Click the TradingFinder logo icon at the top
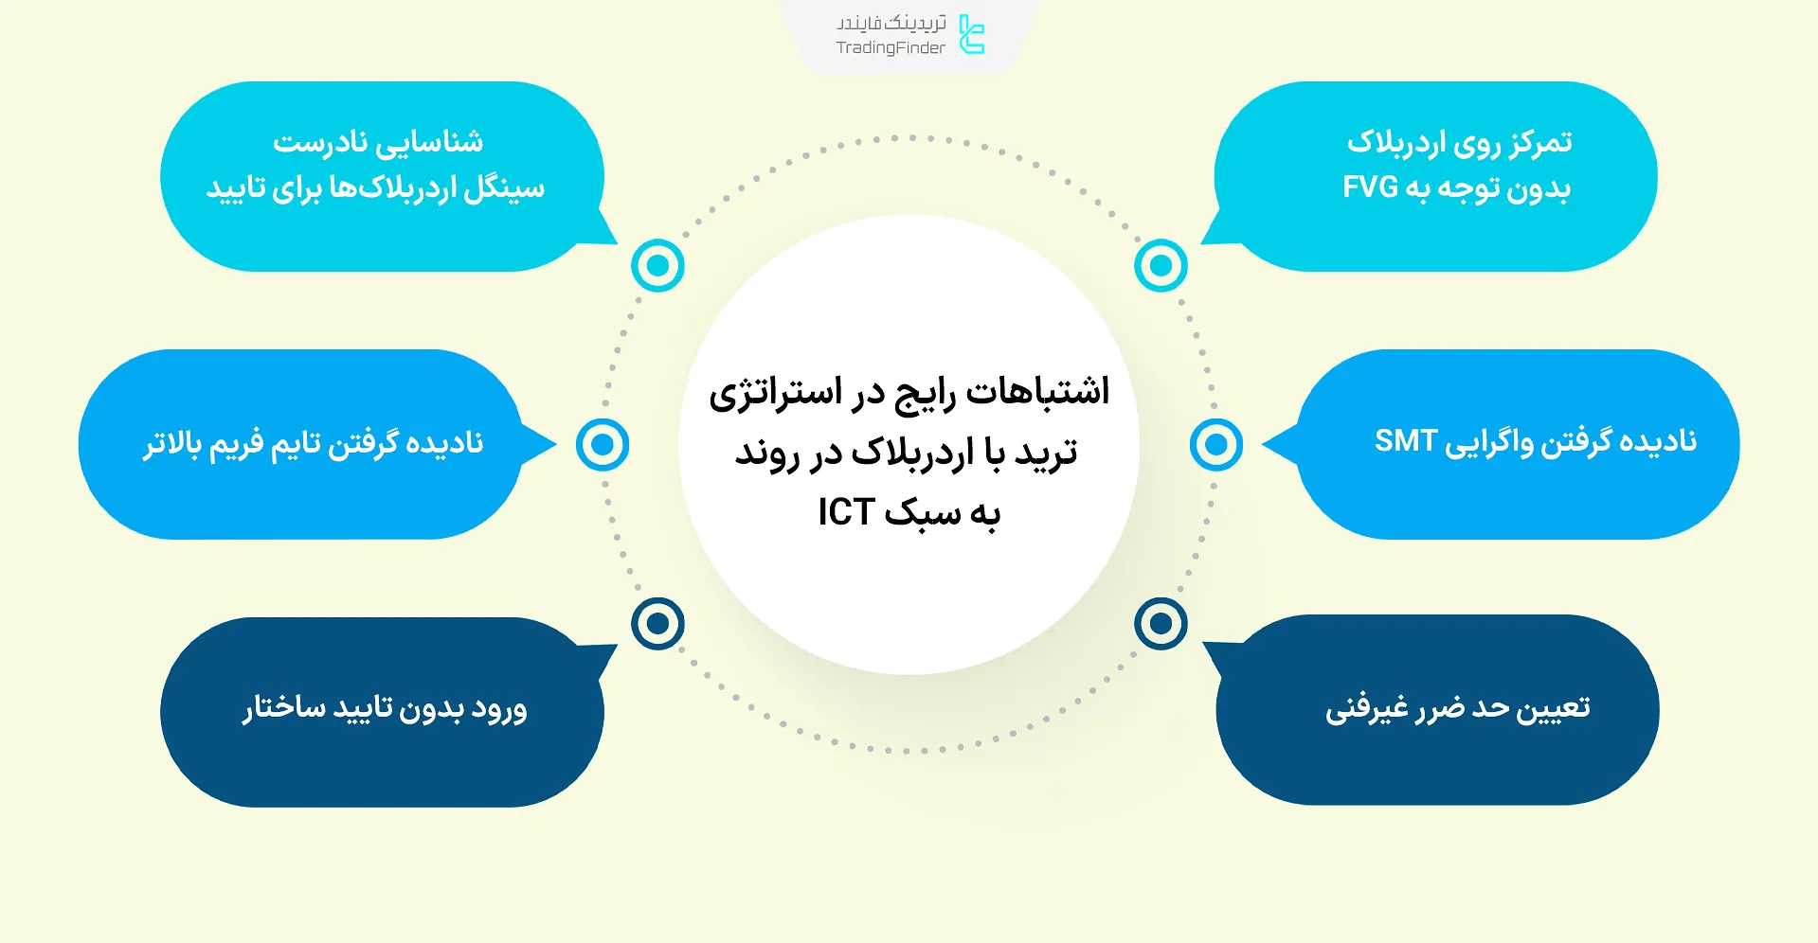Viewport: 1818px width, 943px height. click(972, 34)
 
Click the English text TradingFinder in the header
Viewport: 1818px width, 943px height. click(890, 48)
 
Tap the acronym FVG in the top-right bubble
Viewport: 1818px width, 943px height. click(1370, 187)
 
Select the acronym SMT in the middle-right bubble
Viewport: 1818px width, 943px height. click(1406, 441)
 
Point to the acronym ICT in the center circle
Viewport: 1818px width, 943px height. click(845, 512)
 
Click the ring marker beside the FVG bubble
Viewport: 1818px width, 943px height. click(1161, 266)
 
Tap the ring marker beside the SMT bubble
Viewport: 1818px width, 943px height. click(1216, 444)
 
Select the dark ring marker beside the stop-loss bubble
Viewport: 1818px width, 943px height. click(1161, 623)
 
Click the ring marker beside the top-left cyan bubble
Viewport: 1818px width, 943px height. click(657, 266)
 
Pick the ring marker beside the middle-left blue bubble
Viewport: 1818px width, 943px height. click(603, 444)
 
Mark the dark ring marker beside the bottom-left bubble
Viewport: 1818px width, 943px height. click(657, 623)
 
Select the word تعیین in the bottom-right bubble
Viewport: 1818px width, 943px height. click(1553, 708)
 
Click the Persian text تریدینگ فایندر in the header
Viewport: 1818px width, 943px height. click(891, 23)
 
